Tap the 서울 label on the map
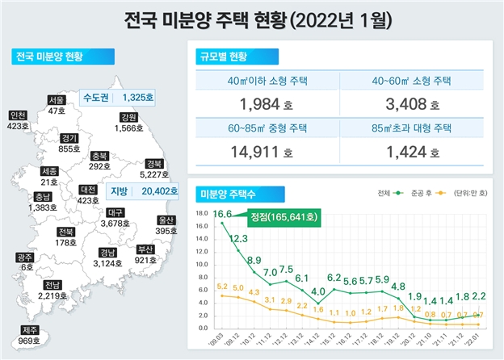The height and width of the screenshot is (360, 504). tap(56, 100)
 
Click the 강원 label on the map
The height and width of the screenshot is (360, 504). tap(127, 116)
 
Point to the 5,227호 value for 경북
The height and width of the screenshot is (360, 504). tap(152, 174)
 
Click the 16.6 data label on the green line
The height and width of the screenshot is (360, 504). tap(223, 214)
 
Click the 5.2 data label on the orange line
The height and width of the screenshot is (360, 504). tap(224, 287)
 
